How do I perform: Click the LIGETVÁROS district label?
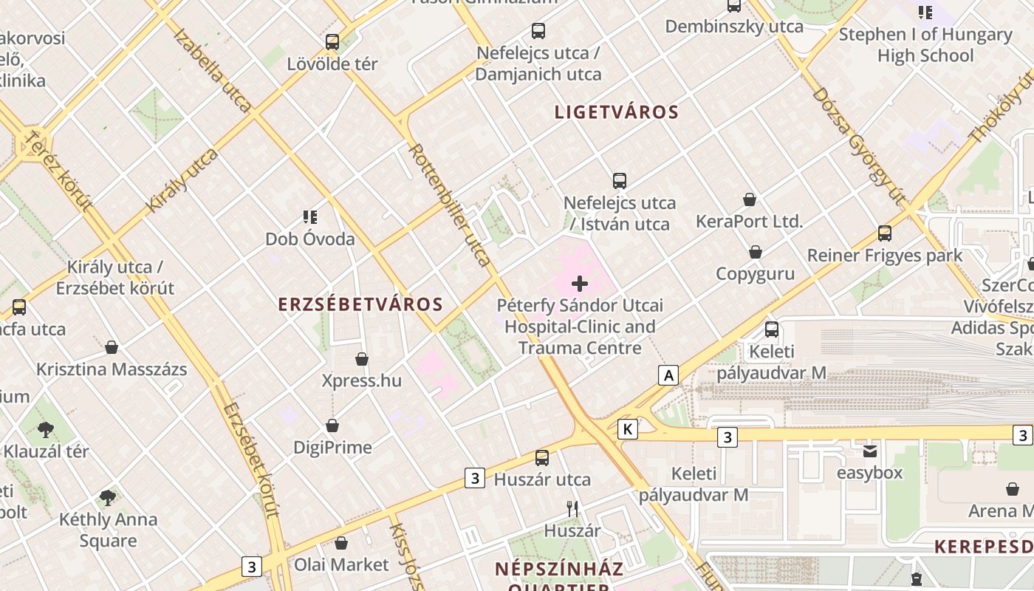616,112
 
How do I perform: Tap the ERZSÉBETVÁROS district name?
360,304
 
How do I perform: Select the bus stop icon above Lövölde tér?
332,42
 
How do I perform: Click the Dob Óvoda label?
310,239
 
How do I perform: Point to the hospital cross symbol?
580,283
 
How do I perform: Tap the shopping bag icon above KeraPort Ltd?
750,199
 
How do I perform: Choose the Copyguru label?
755,274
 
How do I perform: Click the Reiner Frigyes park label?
884,256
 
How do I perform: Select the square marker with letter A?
668,375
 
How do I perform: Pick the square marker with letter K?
627,428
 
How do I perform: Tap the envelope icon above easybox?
870,451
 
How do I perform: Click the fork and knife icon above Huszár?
572,508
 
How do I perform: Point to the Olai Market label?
341,564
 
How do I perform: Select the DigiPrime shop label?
332,447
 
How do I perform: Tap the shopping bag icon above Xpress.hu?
362,359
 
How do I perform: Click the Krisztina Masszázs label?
112,369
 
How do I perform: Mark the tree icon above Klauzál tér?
46,428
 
